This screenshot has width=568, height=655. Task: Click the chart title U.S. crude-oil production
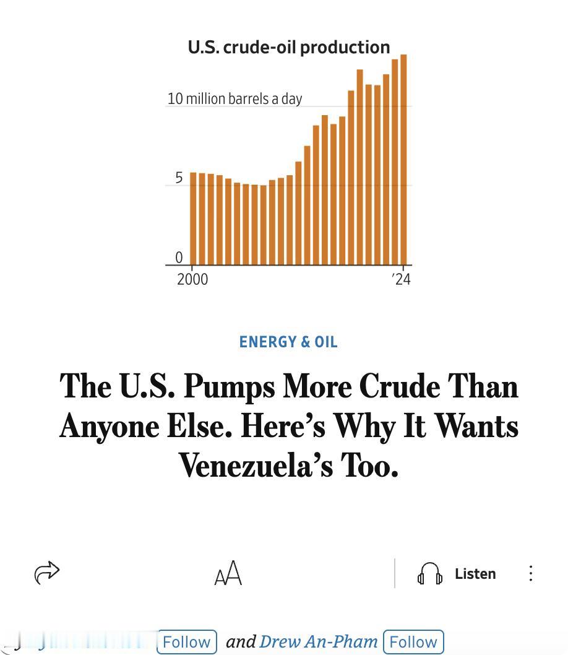[289, 47]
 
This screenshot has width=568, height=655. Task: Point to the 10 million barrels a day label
[235, 98]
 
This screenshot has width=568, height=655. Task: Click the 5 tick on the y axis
[179, 178]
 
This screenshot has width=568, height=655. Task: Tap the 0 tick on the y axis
[179, 258]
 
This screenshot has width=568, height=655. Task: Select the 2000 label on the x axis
[192, 279]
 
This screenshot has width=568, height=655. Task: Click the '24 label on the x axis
[402, 279]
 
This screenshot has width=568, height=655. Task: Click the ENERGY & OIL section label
[288, 342]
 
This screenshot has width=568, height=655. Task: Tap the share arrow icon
[47, 573]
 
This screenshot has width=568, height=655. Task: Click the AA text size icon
[228, 573]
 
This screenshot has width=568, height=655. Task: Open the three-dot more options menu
[530, 573]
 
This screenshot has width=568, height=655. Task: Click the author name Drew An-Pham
[318, 641]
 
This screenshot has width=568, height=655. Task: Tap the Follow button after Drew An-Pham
[413, 641]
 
